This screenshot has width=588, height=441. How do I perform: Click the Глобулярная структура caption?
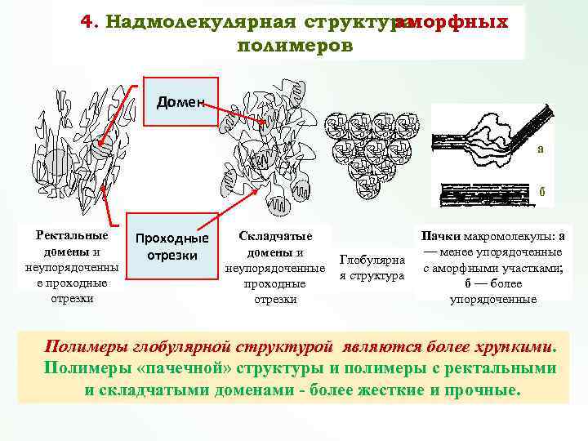[372, 269]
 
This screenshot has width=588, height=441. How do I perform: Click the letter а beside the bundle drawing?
[540, 149]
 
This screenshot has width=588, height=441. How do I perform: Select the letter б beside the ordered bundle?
[541, 193]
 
